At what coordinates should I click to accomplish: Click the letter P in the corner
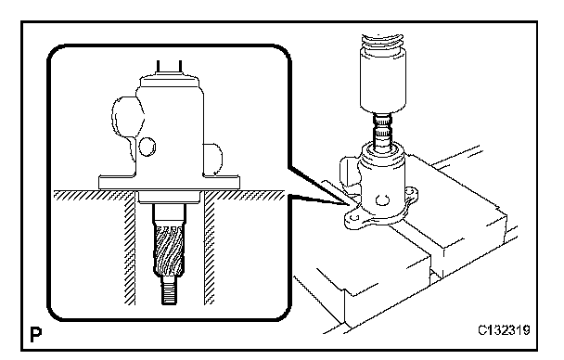click(x=35, y=334)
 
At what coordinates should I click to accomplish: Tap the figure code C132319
click(x=504, y=330)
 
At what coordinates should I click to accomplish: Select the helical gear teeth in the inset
click(x=169, y=251)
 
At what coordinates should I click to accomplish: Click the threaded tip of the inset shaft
click(x=169, y=290)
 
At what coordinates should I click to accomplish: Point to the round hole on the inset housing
click(x=147, y=147)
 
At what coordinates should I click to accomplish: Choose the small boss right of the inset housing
click(x=213, y=160)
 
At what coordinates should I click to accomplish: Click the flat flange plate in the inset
click(x=169, y=183)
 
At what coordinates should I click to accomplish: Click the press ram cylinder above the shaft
click(x=383, y=79)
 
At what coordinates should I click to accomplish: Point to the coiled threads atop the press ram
click(x=383, y=40)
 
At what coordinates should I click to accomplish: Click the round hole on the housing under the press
click(x=382, y=200)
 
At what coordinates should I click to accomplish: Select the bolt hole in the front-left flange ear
click(x=354, y=217)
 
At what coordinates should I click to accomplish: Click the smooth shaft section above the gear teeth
click(x=169, y=214)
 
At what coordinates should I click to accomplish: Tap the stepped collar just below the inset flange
click(x=169, y=197)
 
